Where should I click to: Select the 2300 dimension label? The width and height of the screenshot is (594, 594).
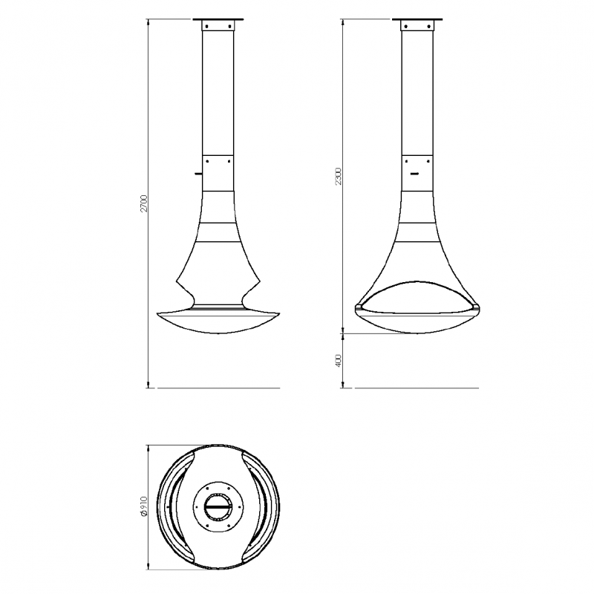tap(339, 177)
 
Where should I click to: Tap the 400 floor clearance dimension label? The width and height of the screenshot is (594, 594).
tap(339, 360)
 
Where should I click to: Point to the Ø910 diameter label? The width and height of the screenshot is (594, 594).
tap(143, 506)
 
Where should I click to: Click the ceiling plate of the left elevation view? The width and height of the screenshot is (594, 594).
tap(218, 19)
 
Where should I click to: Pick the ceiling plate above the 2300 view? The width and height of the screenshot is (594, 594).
tap(417, 19)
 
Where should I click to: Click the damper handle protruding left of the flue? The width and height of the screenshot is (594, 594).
tap(198, 174)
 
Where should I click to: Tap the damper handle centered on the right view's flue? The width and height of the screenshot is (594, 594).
tap(416, 174)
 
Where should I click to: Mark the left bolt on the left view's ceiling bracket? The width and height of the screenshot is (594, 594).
tap(207, 26)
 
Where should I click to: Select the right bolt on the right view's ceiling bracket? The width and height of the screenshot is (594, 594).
tap(428, 26)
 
